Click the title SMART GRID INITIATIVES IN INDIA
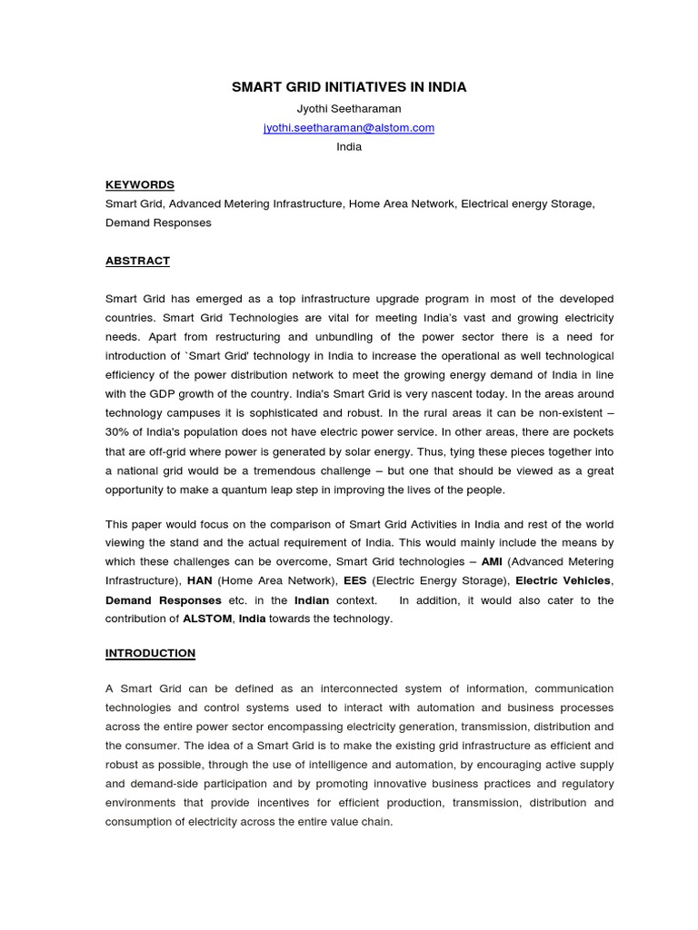click(349, 87)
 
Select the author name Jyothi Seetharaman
click(349, 109)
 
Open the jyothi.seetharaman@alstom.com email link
click(349, 128)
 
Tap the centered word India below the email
click(349, 147)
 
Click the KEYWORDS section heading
click(139, 184)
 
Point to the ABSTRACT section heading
click(137, 261)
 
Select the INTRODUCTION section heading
click(150, 653)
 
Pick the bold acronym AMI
click(492, 562)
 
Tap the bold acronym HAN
click(199, 581)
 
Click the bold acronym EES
click(355, 581)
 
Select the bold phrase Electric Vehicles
click(563, 581)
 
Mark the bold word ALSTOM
click(207, 619)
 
